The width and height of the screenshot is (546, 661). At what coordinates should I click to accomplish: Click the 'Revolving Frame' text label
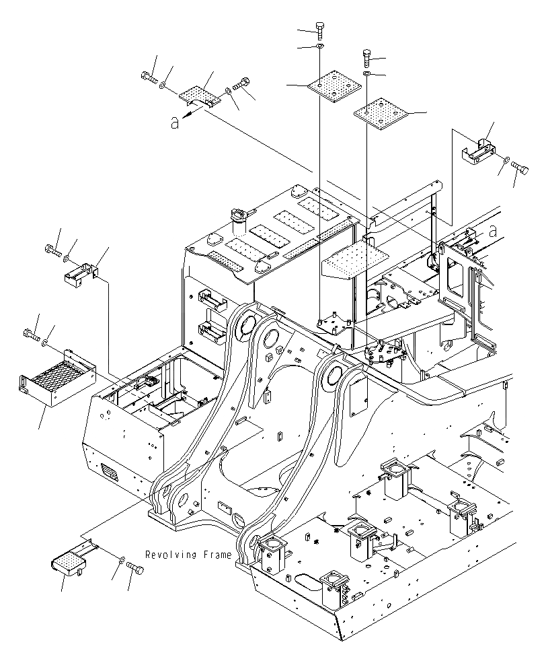pos(188,555)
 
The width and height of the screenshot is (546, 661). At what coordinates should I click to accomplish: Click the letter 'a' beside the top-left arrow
pos(175,123)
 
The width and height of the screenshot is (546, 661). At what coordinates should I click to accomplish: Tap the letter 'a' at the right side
pos(493,231)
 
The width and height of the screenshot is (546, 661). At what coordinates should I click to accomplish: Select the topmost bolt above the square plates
pos(320,30)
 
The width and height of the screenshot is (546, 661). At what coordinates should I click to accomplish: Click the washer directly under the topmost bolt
pos(320,46)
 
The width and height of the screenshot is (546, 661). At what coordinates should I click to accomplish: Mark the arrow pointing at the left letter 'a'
pos(192,114)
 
